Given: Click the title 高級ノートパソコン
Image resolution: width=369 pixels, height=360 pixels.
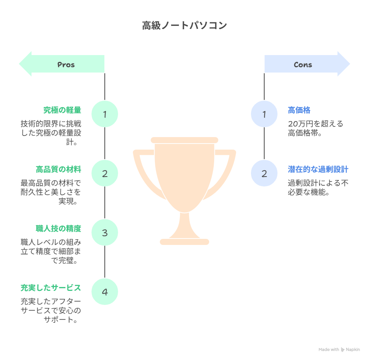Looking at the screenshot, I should coord(184,26).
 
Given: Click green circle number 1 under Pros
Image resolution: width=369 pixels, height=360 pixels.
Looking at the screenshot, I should coord(105,114).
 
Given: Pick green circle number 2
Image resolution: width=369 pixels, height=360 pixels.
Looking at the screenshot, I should coord(105,174).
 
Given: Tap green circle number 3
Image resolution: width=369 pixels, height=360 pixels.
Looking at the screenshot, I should coord(105,233).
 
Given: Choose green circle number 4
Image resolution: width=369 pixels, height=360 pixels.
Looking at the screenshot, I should coord(105,292).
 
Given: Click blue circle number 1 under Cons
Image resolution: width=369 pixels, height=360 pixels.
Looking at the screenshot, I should coord(264,114).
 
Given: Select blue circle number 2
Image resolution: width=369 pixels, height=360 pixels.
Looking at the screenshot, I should coord(264,174).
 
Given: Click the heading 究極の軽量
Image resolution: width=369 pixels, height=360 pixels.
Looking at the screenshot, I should coord(62,110).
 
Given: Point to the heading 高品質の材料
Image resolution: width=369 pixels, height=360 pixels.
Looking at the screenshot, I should coord(58,169).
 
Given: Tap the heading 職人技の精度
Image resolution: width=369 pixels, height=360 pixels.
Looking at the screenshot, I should coord(58,229).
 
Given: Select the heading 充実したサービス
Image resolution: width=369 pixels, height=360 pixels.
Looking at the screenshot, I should coord(50,288).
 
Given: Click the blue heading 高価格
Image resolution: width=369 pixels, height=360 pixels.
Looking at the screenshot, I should coord(299,110).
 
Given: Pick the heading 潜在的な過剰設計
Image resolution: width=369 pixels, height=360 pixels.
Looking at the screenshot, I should coord(318,169).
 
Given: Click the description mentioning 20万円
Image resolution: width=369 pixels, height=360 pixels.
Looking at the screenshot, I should coord(315,128).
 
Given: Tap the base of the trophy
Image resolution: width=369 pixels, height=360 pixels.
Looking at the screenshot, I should coord(184,242).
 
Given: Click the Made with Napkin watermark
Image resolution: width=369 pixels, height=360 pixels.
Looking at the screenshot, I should coord(339,349).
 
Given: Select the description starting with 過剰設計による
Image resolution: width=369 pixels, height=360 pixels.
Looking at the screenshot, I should coord(318,188).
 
